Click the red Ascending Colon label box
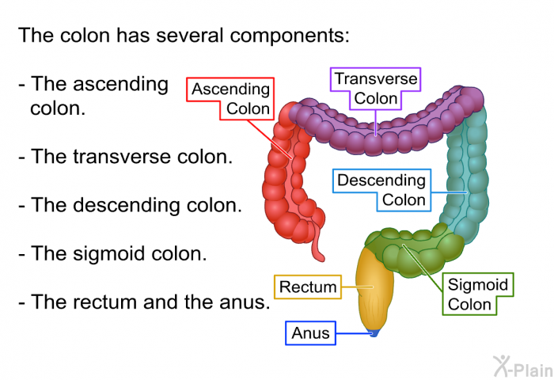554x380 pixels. click(x=230, y=99)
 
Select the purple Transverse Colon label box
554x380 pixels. click(x=376, y=89)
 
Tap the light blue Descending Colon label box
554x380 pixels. click(x=382, y=190)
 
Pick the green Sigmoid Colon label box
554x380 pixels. click(x=478, y=294)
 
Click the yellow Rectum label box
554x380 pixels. click(x=308, y=287)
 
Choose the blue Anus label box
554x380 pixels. click(x=310, y=333)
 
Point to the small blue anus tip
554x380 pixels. click(x=374, y=333)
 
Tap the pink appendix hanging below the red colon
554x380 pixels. click(x=317, y=245)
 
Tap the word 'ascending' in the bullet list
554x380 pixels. click(x=100, y=85)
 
